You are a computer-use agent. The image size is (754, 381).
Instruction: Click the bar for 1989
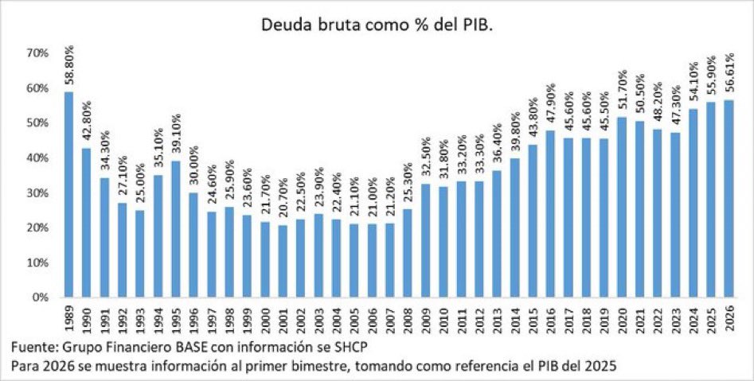(x=68, y=195)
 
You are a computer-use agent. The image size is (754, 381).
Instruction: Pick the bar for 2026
(x=729, y=199)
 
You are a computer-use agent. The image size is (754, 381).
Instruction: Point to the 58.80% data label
(x=68, y=68)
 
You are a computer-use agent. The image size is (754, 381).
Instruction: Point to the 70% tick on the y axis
(x=38, y=53)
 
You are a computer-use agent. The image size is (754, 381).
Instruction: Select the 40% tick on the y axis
(x=38, y=158)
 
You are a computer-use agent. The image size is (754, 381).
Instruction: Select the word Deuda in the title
(x=284, y=25)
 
